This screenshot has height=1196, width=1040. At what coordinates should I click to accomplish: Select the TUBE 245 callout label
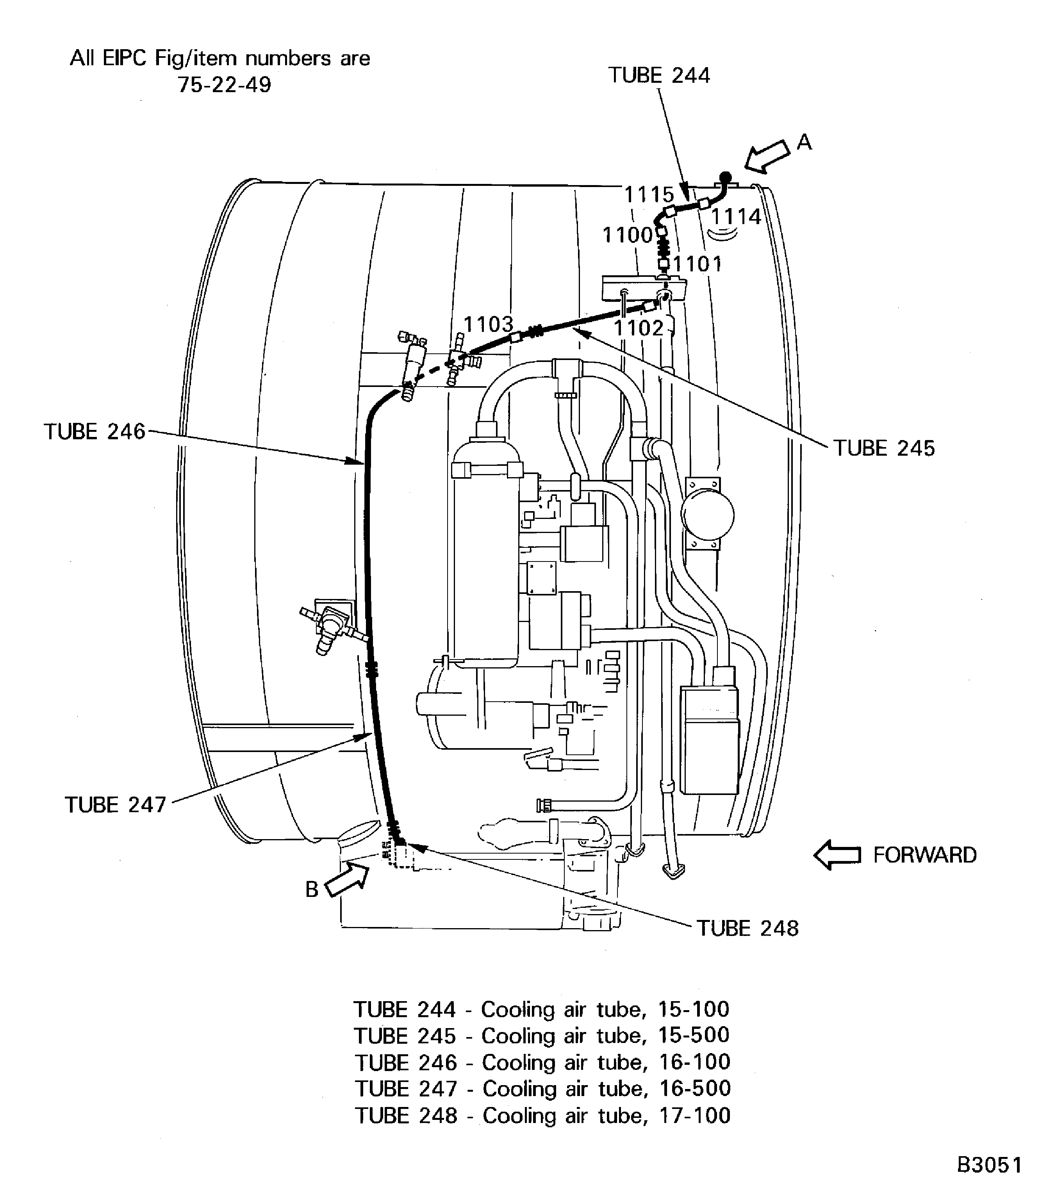(x=884, y=449)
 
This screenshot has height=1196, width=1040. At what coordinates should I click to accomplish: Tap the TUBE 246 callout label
(x=95, y=432)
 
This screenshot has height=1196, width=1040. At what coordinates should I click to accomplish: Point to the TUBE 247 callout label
(x=116, y=805)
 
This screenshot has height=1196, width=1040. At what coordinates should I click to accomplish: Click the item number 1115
(x=649, y=194)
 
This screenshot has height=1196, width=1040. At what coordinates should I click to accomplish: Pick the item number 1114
(x=735, y=217)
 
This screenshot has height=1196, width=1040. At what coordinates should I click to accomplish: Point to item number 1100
(x=627, y=235)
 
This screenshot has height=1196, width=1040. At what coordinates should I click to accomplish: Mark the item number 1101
(x=697, y=264)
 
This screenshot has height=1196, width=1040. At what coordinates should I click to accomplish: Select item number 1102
(x=639, y=328)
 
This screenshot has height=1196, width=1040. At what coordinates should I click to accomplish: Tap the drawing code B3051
(x=989, y=1165)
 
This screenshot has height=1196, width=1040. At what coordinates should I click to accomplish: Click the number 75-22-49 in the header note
(x=224, y=85)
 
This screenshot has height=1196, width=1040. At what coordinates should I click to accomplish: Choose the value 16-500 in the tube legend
(x=695, y=1088)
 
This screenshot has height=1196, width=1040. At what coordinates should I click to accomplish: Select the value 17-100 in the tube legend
(x=695, y=1115)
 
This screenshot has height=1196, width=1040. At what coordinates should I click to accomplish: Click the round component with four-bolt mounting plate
(x=707, y=514)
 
